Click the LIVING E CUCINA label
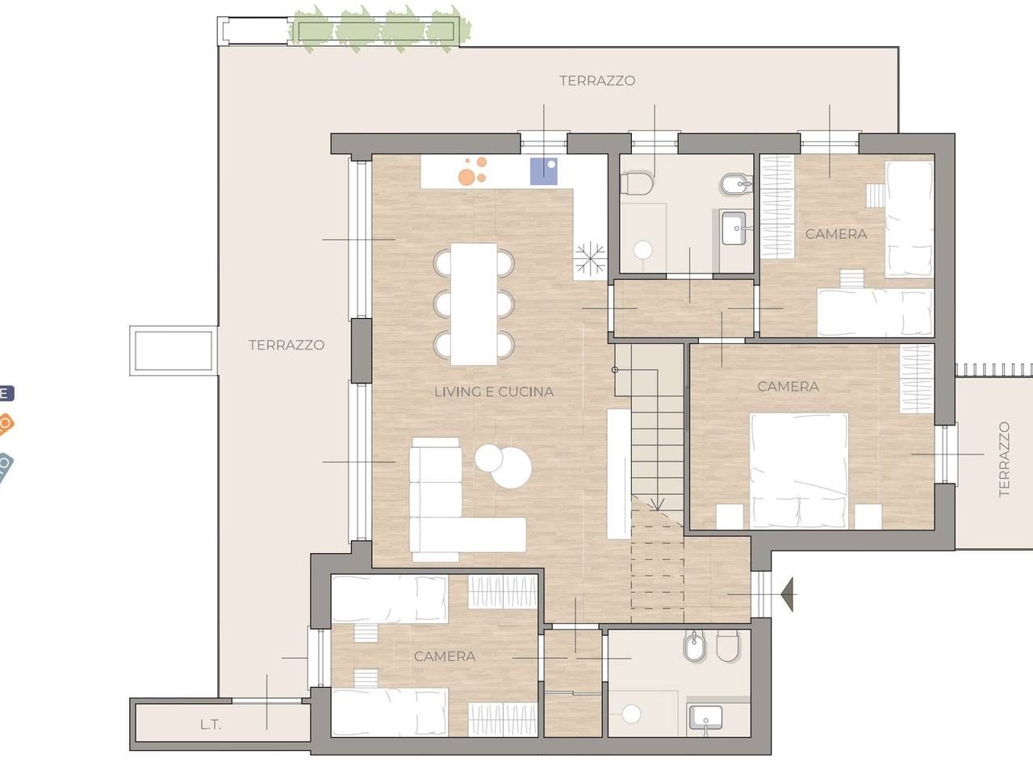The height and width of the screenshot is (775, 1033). pyautogui.click(x=494, y=392)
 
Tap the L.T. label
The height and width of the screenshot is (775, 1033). pyautogui.click(x=211, y=725)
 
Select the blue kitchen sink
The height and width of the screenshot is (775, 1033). pyautogui.click(x=544, y=171)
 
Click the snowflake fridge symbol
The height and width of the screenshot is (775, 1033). pyautogui.click(x=590, y=258)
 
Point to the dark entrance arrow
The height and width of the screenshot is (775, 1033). pyautogui.click(x=787, y=595)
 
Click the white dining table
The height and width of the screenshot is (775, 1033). pyautogui.click(x=474, y=304)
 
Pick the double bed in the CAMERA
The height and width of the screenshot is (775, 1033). pyautogui.click(x=799, y=471)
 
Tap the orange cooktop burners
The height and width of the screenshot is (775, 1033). pyautogui.click(x=472, y=170)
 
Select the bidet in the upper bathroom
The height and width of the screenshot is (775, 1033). pyautogui.click(x=736, y=184)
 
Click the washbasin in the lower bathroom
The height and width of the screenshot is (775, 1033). pyautogui.click(x=705, y=718)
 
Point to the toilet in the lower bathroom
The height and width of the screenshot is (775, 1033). pyautogui.click(x=728, y=646)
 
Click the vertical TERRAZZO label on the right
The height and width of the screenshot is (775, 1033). pyautogui.click(x=1004, y=459)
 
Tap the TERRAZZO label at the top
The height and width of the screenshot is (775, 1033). pyautogui.click(x=597, y=81)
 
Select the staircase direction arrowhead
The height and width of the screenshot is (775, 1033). pyautogui.click(x=657, y=504)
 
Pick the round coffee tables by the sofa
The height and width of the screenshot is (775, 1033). pyautogui.click(x=504, y=465)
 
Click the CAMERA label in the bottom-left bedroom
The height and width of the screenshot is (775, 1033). pyautogui.click(x=445, y=656)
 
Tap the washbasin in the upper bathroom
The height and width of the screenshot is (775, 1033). pyautogui.click(x=734, y=228)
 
